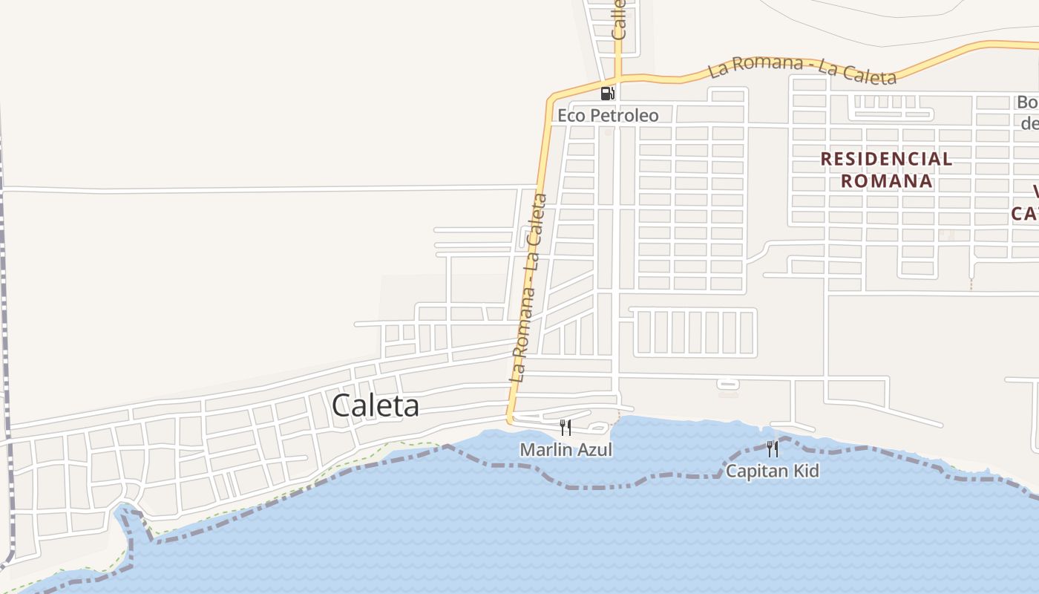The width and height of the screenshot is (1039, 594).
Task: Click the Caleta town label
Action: coord(375,405)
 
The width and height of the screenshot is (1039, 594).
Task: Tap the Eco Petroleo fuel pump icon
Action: coord(607,94)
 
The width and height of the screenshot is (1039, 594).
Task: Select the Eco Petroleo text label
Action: coord(608,115)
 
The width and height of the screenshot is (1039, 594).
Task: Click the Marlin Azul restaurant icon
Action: coord(566,427)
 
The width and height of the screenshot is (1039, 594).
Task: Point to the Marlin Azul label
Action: coord(566,450)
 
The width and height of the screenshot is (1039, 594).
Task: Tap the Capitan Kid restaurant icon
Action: coord(773,448)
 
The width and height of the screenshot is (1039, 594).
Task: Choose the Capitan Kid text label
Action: coord(772,471)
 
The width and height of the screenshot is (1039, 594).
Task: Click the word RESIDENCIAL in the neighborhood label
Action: coord(886,158)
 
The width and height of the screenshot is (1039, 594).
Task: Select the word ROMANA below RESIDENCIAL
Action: coord(886,180)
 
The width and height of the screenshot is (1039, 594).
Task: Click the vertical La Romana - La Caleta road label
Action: coord(529,287)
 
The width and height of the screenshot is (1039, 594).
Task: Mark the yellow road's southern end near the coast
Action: coord(511,420)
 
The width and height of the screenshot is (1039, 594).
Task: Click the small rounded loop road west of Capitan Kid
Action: coord(728,384)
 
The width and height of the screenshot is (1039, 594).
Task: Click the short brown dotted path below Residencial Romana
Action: coord(971,281)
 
